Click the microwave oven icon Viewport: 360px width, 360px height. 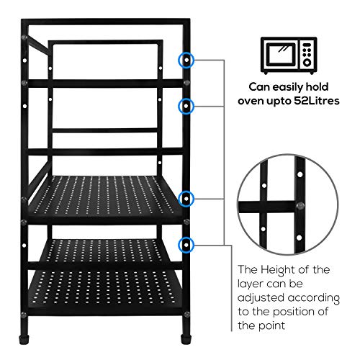[289, 55]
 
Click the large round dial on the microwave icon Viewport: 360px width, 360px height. [307, 63]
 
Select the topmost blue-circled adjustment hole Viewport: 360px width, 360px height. [186, 60]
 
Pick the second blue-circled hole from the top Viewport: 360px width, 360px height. [186, 106]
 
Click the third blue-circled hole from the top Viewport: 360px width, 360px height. [186, 199]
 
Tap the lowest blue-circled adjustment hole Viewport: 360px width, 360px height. [186, 245]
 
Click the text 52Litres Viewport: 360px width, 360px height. [317, 101]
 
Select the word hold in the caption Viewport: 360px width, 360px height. [317, 87]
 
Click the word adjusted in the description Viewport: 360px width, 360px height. [261, 298]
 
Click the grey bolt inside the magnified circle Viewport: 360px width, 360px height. [300, 206]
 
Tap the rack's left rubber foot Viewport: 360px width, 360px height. [24, 339]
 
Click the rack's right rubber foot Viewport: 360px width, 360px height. [186, 339]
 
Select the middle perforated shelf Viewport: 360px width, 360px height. [104, 251]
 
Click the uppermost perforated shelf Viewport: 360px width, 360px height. [104, 196]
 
